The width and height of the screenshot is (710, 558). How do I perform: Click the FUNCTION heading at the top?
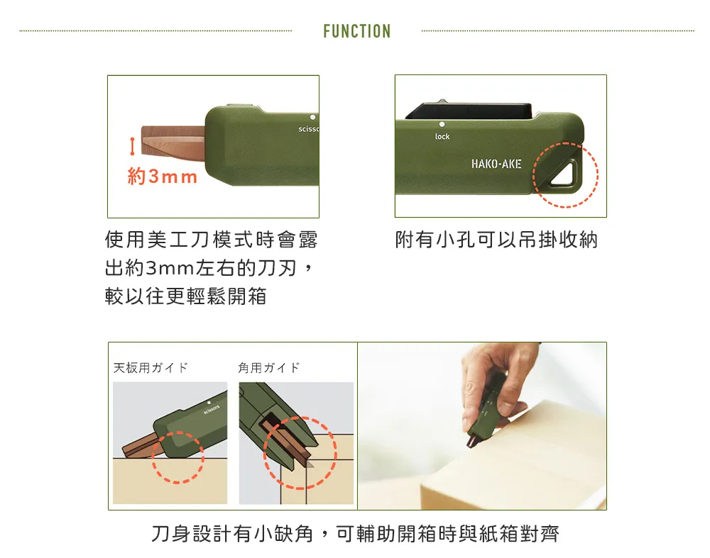(x=357, y=31)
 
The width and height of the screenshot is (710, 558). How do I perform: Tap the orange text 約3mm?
(x=163, y=177)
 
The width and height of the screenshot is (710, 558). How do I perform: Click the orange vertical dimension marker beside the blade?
(x=132, y=146)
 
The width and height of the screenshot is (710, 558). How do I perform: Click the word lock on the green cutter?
(x=442, y=136)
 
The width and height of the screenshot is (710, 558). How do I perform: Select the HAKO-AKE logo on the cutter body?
(x=496, y=164)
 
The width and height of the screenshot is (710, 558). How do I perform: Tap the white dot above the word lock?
(x=442, y=124)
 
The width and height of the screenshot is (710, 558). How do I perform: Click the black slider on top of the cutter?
(x=469, y=111)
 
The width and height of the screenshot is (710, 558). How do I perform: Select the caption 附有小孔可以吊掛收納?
(x=496, y=239)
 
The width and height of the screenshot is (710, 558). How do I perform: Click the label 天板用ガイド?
(x=151, y=368)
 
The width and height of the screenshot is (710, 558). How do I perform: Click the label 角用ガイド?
(x=269, y=368)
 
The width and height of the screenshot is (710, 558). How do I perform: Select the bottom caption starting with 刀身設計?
(x=356, y=534)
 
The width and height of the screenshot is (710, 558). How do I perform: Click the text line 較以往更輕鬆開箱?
(x=185, y=296)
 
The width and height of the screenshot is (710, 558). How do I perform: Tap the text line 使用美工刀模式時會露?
(x=211, y=239)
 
